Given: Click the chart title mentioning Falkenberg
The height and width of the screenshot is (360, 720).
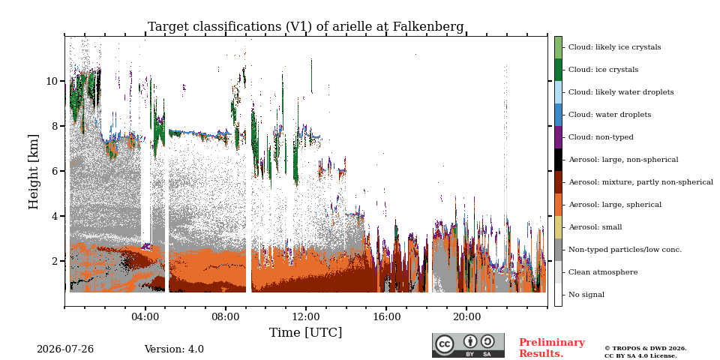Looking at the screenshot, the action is pyautogui.click(x=305, y=27).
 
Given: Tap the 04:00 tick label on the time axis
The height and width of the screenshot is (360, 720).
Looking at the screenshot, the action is pyautogui.click(x=145, y=317).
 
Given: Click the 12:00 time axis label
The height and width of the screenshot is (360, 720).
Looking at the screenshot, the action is pyautogui.click(x=306, y=317).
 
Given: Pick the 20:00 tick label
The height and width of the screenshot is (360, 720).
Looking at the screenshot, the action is pyautogui.click(x=466, y=317).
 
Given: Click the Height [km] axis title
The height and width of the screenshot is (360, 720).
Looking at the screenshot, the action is pyautogui.click(x=34, y=172).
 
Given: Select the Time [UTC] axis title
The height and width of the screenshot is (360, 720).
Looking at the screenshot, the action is pyautogui.click(x=306, y=332).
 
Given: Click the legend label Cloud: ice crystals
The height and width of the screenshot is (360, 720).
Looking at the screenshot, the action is pyautogui.click(x=603, y=70).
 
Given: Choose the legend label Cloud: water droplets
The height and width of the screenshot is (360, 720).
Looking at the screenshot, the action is pyautogui.click(x=610, y=115).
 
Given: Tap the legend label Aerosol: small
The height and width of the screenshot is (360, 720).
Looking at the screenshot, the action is pyautogui.click(x=595, y=227).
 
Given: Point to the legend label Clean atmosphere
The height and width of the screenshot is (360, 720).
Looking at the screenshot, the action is pyautogui.click(x=603, y=272).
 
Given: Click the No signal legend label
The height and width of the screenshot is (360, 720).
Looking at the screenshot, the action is pyautogui.click(x=586, y=295).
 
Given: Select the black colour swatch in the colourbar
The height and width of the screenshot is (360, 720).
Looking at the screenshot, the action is pyautogui.click(x=558, y=160).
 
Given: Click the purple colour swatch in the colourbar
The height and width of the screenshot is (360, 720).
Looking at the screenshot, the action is pyautogui.click(x=558, y=137).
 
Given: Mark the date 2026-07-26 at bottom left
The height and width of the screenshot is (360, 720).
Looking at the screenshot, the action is pyautogui.click(x=65, y=349).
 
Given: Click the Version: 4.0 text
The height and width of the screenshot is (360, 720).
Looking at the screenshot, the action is pyautogui.click(x=174, y=349).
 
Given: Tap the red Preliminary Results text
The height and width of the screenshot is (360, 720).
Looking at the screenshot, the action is pyautogui.click(x=552, y=348).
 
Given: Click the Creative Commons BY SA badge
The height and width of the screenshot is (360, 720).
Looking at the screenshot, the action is pyautogui.click(x=468, y=345).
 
